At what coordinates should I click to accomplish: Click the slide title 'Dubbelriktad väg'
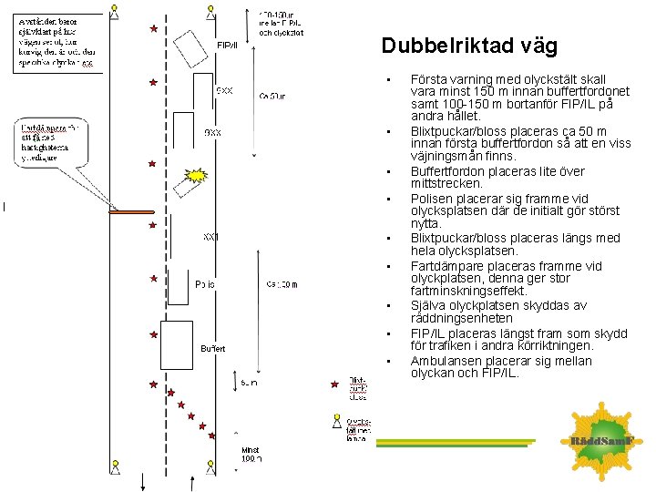coord(468,46)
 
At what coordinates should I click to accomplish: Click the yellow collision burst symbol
coord(195,175)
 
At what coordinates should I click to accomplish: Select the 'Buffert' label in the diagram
coord(212,349)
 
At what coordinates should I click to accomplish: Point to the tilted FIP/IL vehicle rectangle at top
coord(190,44)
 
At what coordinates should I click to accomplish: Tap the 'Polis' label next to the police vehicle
coord(205,284)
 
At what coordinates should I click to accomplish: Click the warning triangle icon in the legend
coord(336,422)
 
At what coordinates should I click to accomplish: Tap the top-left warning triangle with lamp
coord(114,11)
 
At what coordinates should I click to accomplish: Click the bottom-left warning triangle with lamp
coord(116,466)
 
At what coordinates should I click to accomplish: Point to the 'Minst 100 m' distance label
coord(251,455)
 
